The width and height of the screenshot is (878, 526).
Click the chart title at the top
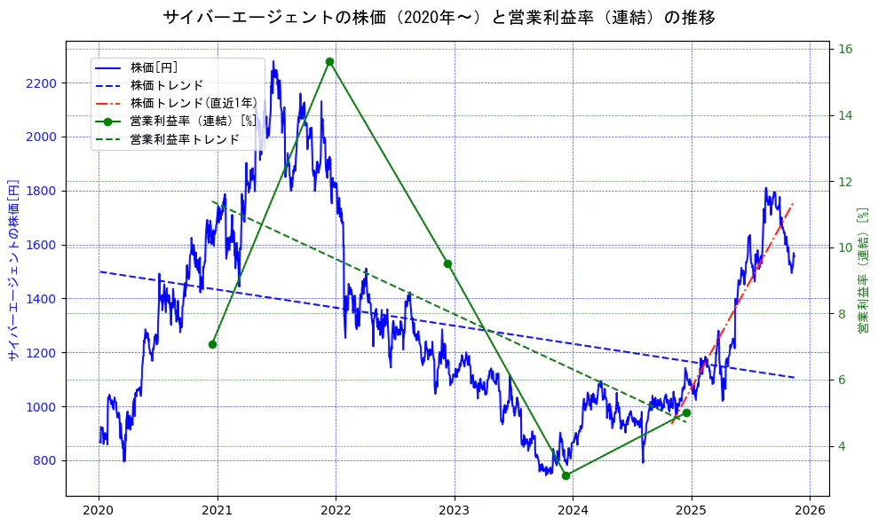point(439,17)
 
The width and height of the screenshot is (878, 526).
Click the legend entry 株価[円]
point(154,67)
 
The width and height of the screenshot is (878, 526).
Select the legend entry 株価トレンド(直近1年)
point(193,103)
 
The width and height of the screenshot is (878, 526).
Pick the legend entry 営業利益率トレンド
point(185,139)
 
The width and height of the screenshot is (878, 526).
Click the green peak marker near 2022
point(329,62)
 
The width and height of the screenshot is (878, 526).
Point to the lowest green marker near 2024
point(566,475)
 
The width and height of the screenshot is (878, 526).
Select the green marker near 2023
point(447,263)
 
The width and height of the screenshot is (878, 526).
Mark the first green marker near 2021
point(212,344)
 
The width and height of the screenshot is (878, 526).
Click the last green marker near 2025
point(686,412)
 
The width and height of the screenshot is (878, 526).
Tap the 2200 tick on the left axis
point(42,83)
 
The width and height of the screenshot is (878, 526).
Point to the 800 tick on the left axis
point(45,460)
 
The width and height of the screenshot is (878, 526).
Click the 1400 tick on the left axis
point(42,299)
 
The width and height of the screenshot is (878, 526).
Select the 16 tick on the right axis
point(846,50)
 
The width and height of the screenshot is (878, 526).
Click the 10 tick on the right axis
point(846,247)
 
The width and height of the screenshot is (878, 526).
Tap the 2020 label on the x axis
point(99,511)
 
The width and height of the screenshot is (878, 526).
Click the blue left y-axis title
point(13,270)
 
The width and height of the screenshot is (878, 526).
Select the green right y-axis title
point(863,270)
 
